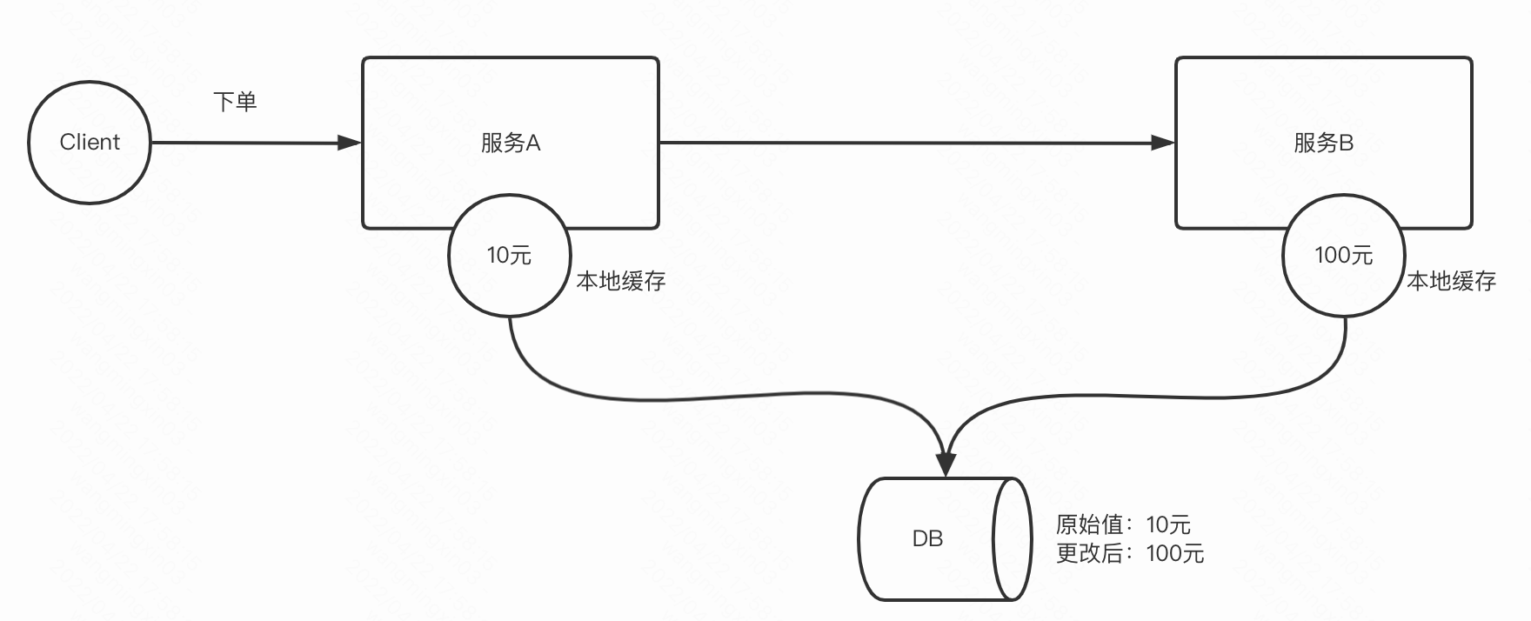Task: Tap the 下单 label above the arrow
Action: (235, 102)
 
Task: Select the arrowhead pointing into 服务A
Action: (350, 143)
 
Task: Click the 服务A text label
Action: (511, 143)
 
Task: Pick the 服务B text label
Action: (1323, 143)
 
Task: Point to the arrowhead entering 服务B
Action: (1163, 143)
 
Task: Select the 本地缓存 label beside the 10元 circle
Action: (621, 281)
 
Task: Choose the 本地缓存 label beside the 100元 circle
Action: (1452, 281)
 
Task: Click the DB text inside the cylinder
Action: (927, 539)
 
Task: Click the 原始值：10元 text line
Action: (1123, 524)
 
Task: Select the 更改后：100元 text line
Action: (1129, 553)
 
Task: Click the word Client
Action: (90, 142)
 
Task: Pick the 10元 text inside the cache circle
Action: (509, 255)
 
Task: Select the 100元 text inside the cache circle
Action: (1343, 255)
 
